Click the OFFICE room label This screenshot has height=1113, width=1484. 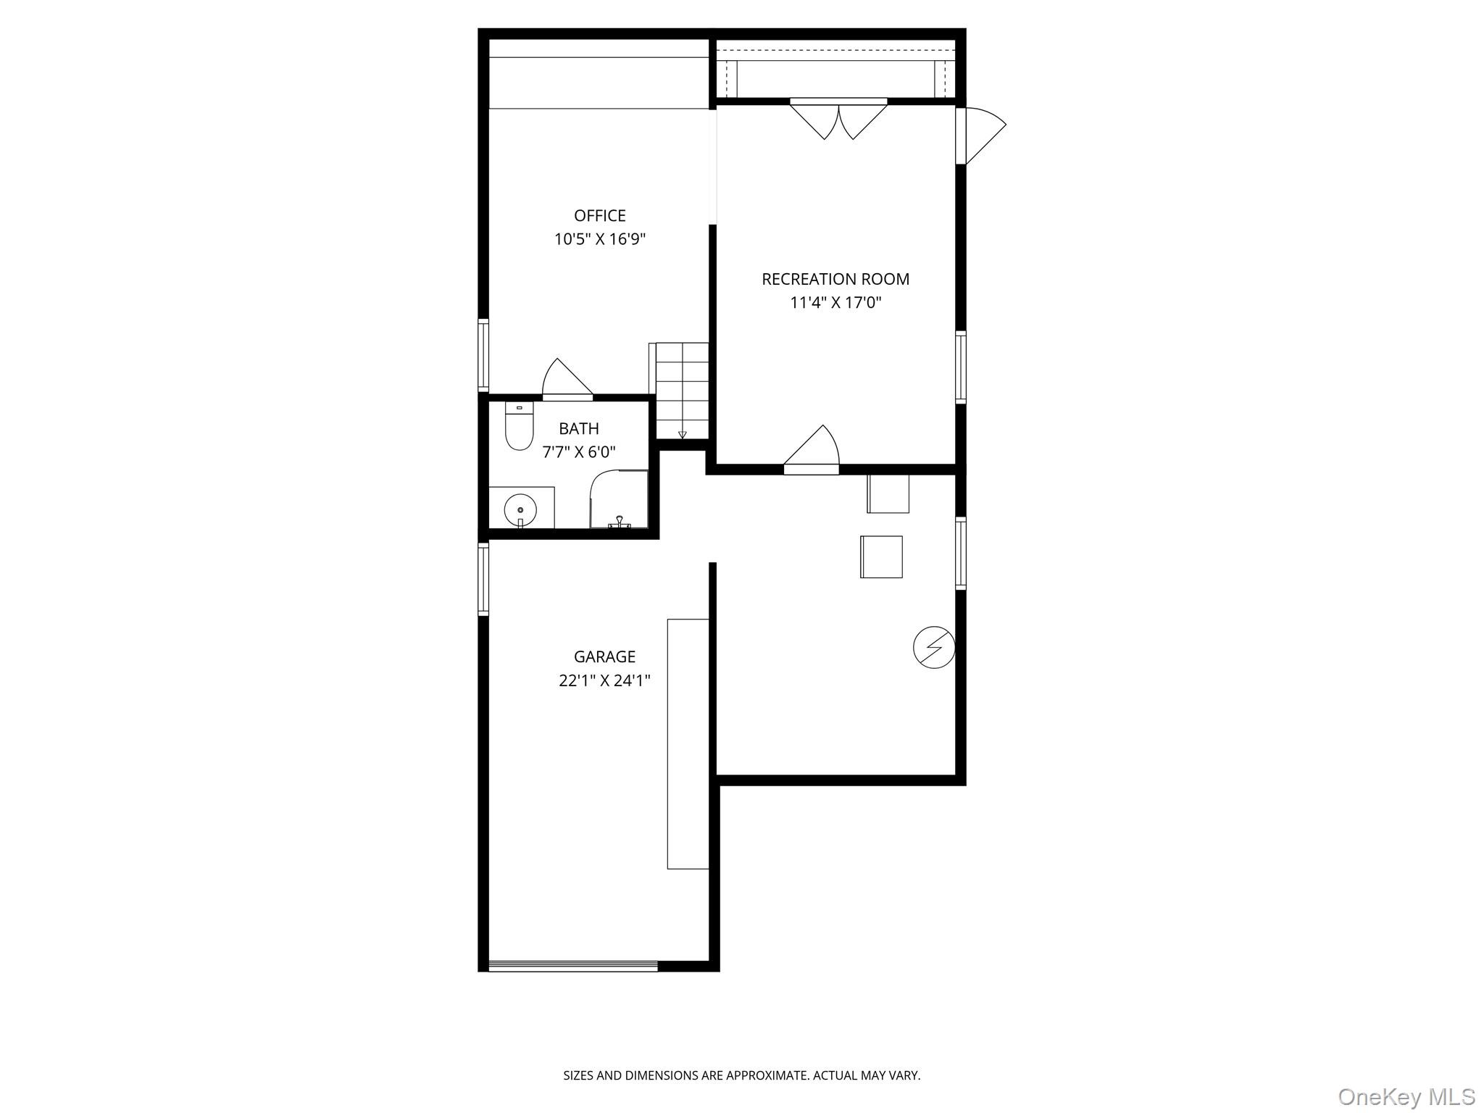coord(599,215)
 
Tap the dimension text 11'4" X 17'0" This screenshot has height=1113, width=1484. coord(835,303)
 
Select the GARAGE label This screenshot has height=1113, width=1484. coord(604,656)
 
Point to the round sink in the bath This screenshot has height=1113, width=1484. coord(520,509)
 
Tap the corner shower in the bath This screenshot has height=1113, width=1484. coord(618,499)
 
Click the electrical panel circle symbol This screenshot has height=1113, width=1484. coord(933,647)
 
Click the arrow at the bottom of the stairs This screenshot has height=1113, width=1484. coord(682,435)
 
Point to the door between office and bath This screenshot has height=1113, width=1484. coord(567,380)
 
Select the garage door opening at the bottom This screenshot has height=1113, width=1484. coord(572,965)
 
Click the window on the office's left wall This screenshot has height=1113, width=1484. coord(483,355)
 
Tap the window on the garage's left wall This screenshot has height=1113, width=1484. coord(483,579)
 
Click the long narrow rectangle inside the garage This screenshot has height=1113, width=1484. coord(688,743)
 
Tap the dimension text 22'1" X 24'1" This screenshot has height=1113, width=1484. coord(604,681)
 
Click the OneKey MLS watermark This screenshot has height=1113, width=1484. coord(1406,1096)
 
